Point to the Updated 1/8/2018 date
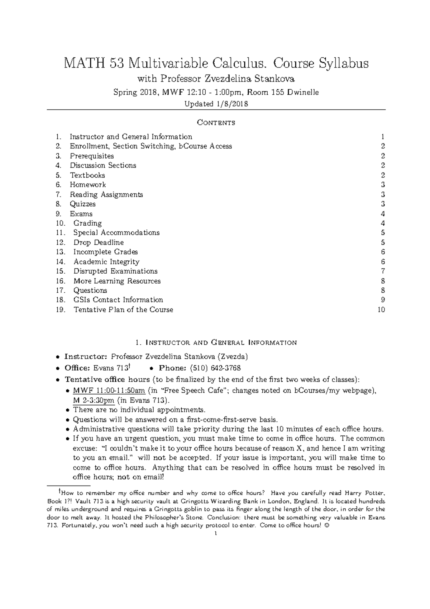[x=216, y=104]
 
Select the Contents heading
[x=216, y=123]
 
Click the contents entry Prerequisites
[x=92, y=156]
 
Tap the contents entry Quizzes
[x=83, y=204]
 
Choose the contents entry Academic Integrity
[x=106, y=262]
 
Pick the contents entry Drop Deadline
[x=99, y=242]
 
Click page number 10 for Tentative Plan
[x=381, y=310]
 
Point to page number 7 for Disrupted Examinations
[x=383, y=272]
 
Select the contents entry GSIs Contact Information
[x=118, y=300]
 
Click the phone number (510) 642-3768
[x=215, y=368]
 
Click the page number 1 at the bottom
[x=215, y=534]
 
